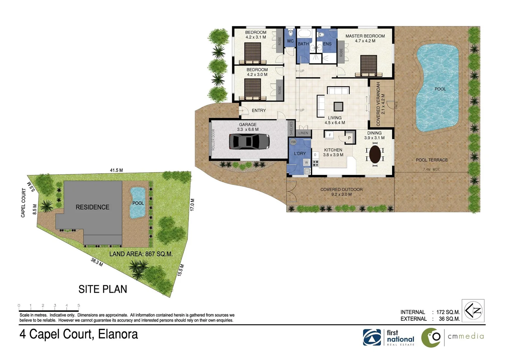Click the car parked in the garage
pyautogui.click(x=249, y=142)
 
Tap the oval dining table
pyautogui.click(x=375, y=154)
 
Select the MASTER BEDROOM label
pyautogui.click(x=365, y=36)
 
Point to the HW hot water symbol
pyautogui.click(x=293, y=142)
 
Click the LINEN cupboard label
pyautogui.click(x=303, y=133)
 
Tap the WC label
pyautogui.click(x=290, y=41)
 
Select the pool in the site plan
pyautogui.click(x=137, y=202)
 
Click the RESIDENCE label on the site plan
pyautogui.click(x=92, y=207)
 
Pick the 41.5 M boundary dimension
pyautogui.click(x=116, y=170)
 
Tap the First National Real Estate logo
pyautogui.click(x=389, y=337)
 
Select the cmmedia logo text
pyautogui.click(x=465, y=336)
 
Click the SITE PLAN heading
pyautogui.click(x=103, y=289)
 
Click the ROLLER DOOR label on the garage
pyautogui.click(x=214, y=139)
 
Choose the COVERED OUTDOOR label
pyautogui.click(x=341, y=189)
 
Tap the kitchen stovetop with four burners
pyautogui.click(x=315, y=163)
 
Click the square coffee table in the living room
pyautogui.click(x=338, y=106)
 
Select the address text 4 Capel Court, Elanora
pyautogui.click(x=79, y=334)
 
